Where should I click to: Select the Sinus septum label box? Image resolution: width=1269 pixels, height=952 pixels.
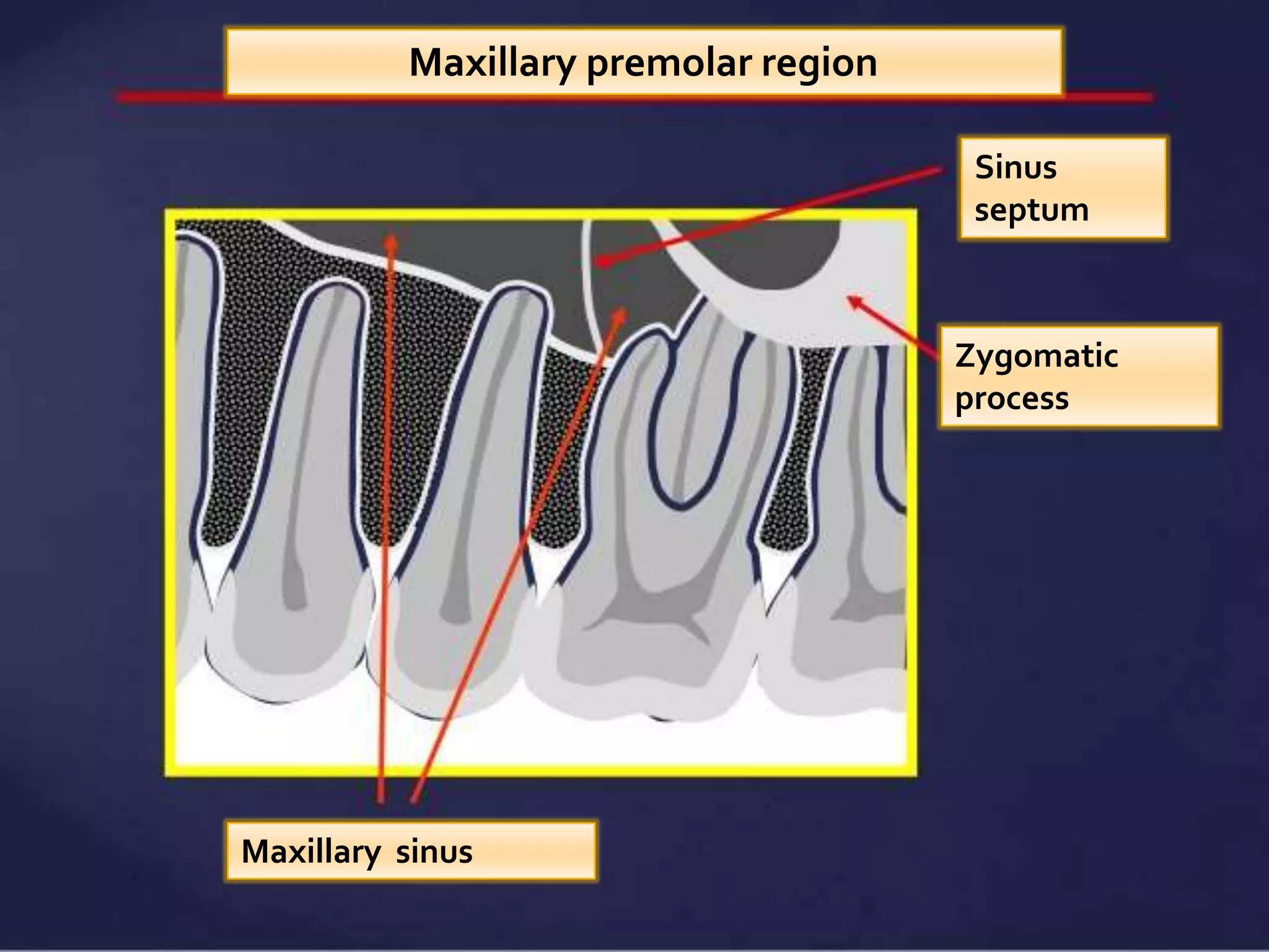pyautogui.click(x=1063, y=188)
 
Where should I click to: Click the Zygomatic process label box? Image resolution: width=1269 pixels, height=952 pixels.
pyautogui.click(x=1079, y=376)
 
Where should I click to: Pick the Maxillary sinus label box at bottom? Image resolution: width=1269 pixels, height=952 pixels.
pyautogui.click(x=410, y=851)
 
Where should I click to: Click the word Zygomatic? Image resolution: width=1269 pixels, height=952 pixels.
pyautogui.click(x=1036, y=356)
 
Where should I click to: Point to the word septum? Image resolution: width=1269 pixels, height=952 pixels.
pyautogui.click(x=1031, y=211)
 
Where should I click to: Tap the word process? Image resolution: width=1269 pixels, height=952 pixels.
pyautogui.click(x=1011, y=398)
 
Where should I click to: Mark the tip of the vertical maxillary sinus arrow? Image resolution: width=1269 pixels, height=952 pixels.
pyautogui.click(x=390, y=238)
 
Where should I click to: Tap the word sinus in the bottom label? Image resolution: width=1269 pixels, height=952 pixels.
pyautogui.click(x=434, y=851)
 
